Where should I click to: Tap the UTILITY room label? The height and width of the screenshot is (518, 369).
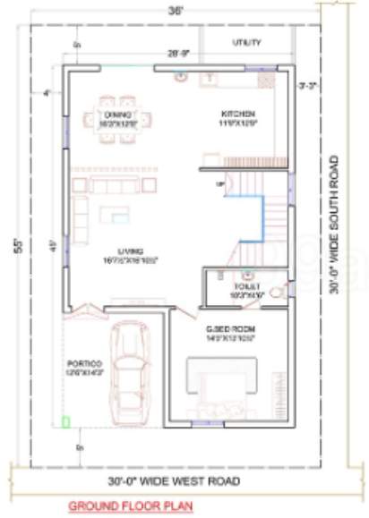pyautogui.click(x=246, y=42)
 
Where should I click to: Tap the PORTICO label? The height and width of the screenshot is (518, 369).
pyautogui.click(x=84, y=366)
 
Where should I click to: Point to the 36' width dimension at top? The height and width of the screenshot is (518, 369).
pyautogui.click(x=178, y=11)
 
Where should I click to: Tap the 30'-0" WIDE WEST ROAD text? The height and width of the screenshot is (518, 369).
pyautogui.click(x=174, y=481)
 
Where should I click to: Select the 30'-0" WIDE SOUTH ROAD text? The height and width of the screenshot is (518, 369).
pyautogui.click(x=333, y=225)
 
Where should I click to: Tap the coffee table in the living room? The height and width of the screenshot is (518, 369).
pyautogui.click(x=115, y=215)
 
